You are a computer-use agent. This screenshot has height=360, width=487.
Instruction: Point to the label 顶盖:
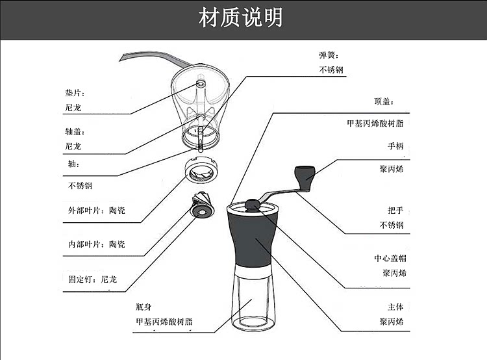point(384,102)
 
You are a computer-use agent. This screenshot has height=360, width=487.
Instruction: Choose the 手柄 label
point(395,147)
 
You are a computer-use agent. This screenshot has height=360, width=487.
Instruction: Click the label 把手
point(395,211)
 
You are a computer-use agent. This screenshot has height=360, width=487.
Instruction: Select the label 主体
point(395,307)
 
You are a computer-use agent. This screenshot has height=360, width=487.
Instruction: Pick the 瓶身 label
point(144,307)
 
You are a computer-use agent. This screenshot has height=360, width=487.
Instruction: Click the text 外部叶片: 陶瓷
point(97,211)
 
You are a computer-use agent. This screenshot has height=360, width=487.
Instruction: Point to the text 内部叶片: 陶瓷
point(97,244)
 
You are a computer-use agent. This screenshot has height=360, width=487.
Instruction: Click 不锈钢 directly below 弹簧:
point(331,70)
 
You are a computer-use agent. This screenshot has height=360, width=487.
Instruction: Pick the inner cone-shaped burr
point(201,207)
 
